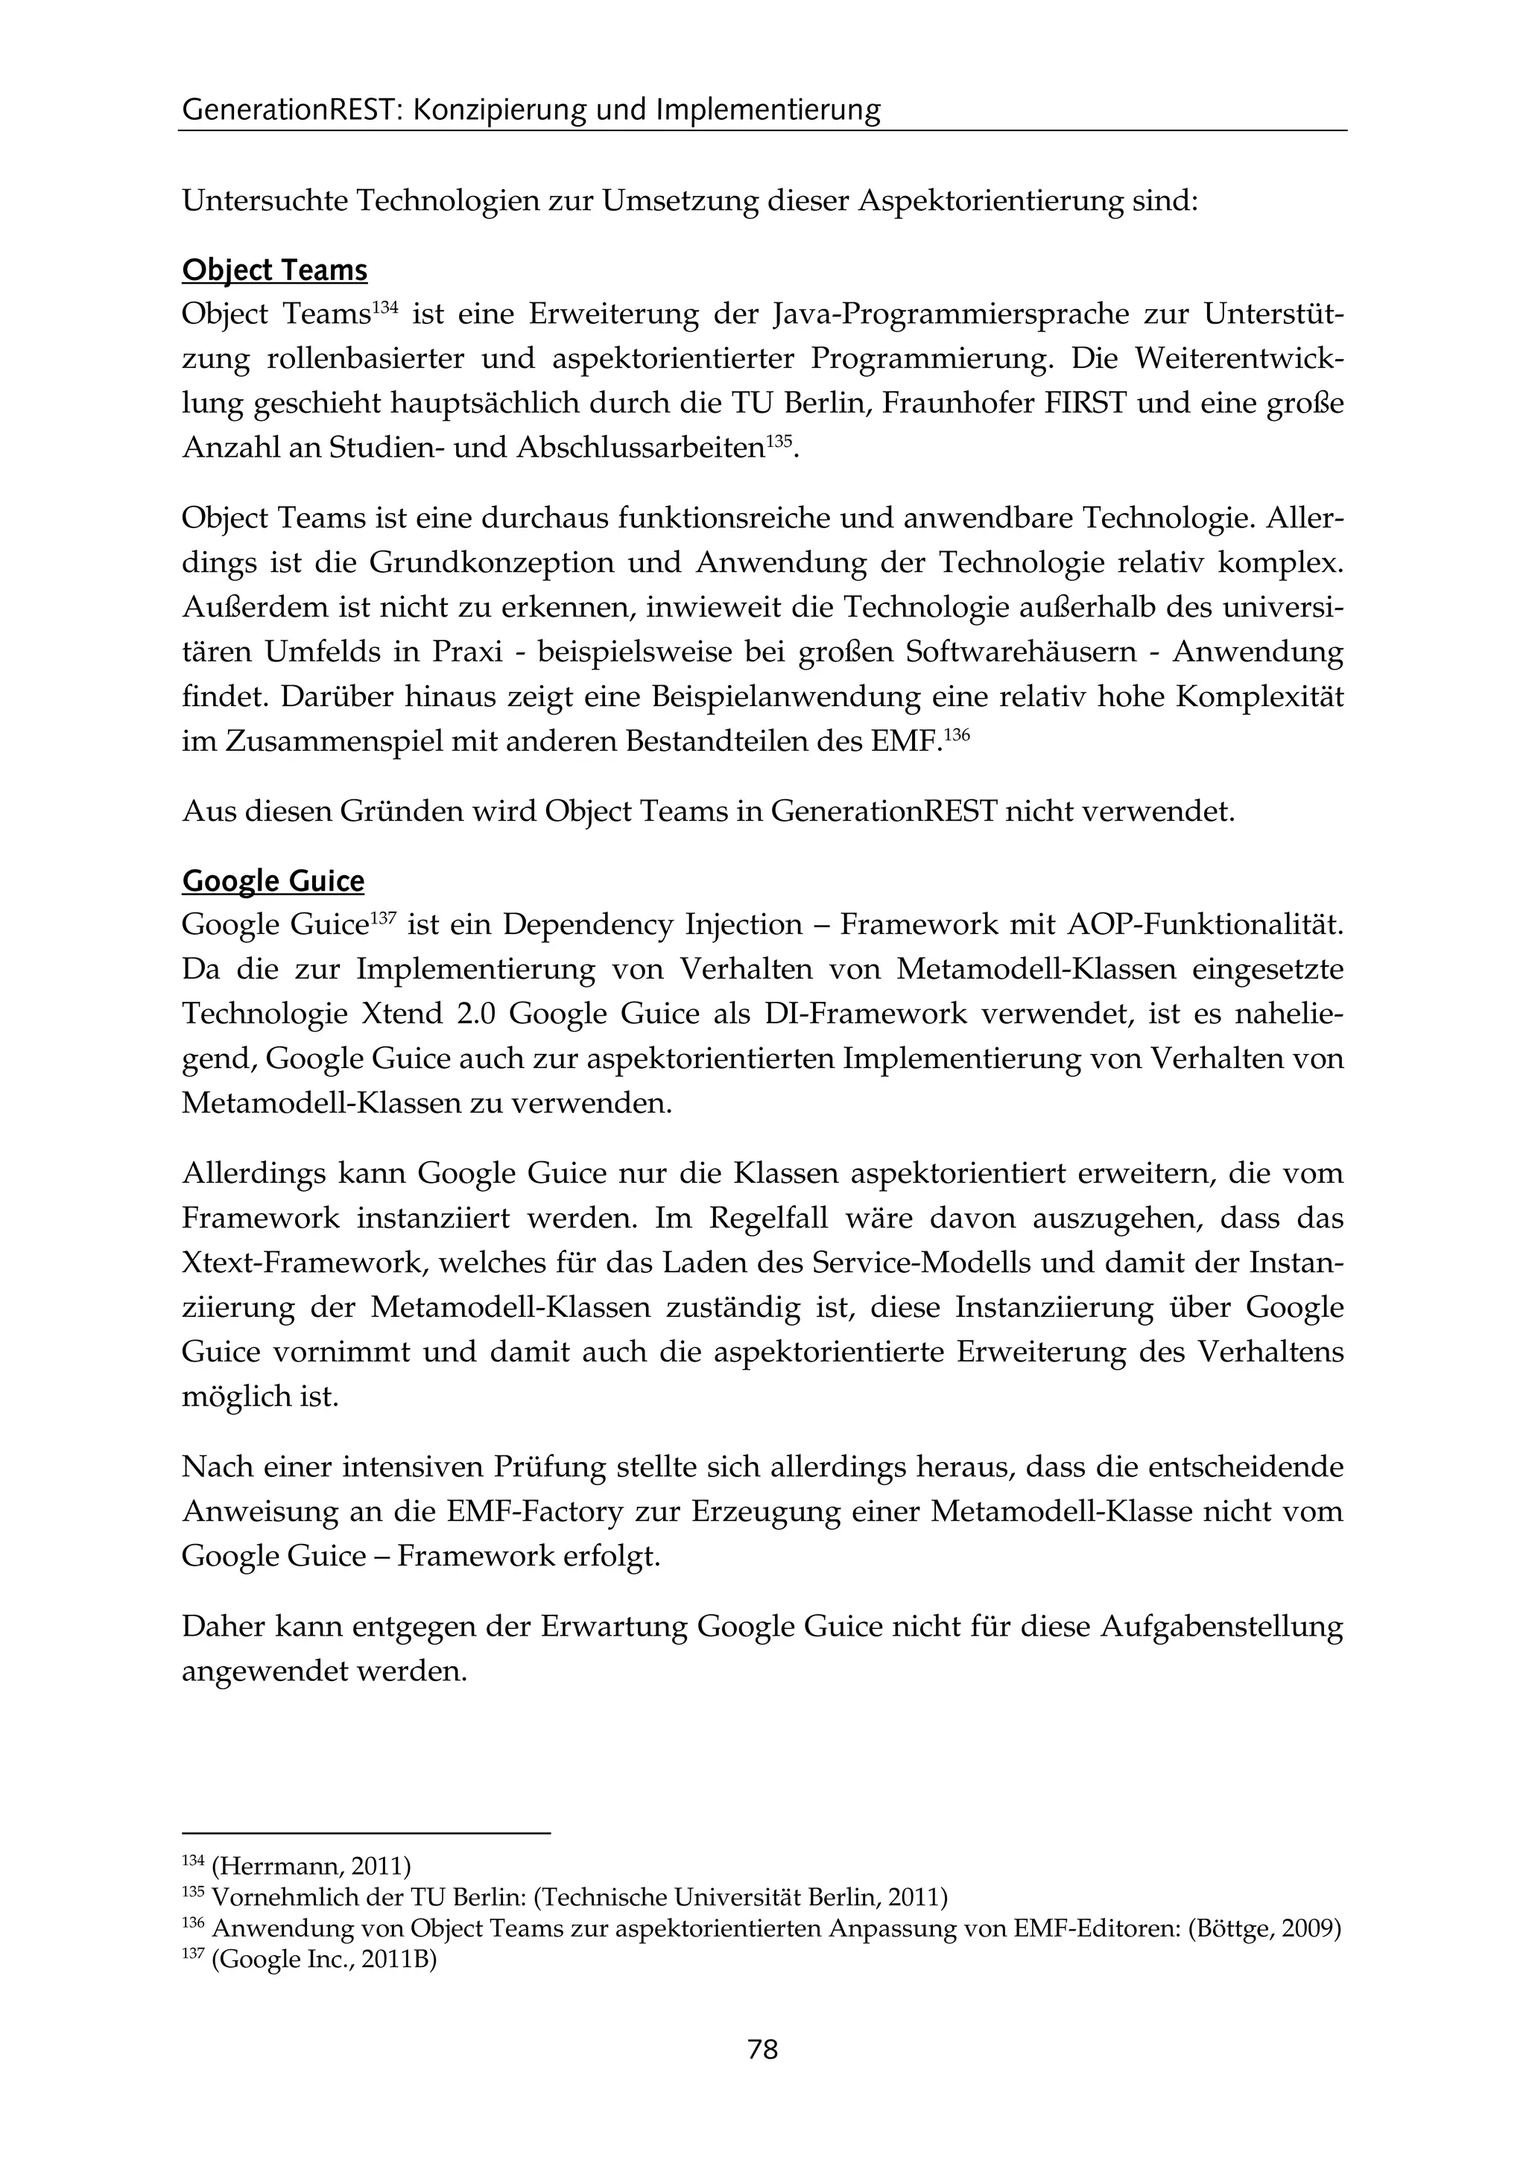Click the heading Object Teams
[274, 270]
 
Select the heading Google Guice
[273, 881]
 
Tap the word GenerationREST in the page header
[291, 111]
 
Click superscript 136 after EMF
[956, 734]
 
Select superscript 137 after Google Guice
[381, 916]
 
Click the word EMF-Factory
[535, 1511]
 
